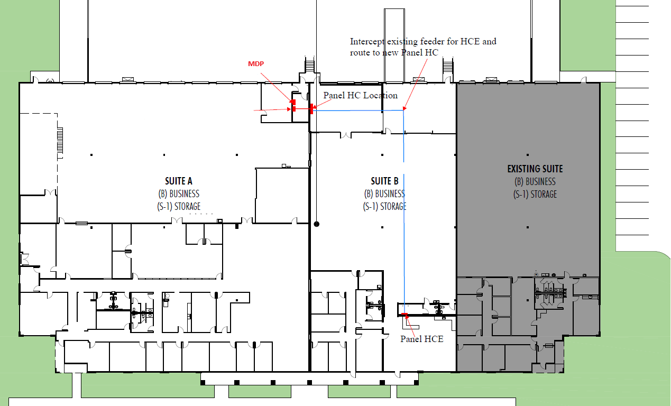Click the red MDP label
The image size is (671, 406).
(256, 64)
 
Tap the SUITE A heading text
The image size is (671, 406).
(179, 181)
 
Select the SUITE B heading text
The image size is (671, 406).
(384, 181)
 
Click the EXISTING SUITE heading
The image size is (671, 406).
(535, 169)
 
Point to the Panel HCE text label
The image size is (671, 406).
(422, 339)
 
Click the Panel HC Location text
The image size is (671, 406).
(361, 96)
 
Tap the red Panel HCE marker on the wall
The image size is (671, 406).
(405, 314)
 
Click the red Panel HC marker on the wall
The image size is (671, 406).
(311, 109)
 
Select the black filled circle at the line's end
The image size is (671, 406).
(317, 224)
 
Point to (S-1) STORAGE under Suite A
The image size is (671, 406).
(179, 207)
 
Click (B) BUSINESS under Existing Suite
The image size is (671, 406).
(535, 182)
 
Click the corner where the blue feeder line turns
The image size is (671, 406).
(403, 110)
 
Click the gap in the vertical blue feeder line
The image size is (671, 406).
(403, 168)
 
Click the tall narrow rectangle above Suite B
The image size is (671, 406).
(394, 45)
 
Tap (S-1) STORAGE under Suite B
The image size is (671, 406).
(384, 207)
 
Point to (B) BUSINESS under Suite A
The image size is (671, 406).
(179, 194)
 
